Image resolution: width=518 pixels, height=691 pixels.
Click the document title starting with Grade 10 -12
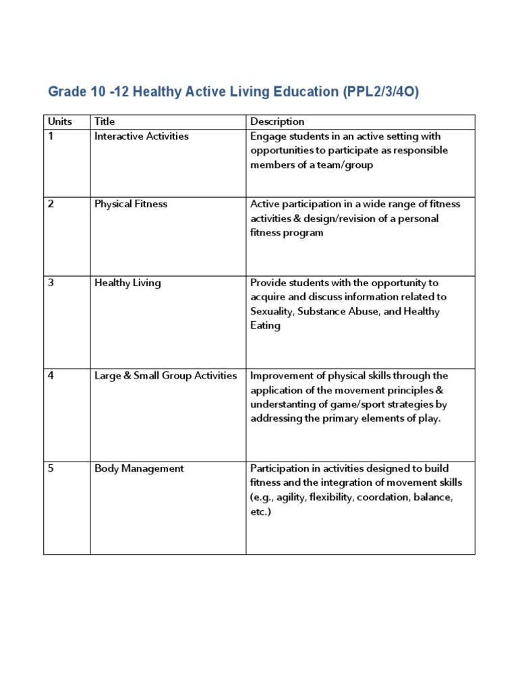point(233,92)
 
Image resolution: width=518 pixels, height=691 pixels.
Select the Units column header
point(59,121)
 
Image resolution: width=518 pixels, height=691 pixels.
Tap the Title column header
point(105,121)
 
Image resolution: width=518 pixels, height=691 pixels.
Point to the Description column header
point(277,121)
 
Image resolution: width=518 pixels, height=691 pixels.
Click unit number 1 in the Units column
point(51,136)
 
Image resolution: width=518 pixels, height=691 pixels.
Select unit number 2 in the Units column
point(51,204)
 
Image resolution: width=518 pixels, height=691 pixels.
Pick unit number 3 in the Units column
point(51,283)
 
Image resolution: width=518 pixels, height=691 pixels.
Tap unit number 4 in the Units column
point(51,375)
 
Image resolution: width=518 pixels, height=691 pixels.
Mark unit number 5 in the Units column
point(51,468)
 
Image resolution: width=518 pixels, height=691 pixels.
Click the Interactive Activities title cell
point(142,136)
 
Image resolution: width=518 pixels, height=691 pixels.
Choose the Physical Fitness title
point(131,204)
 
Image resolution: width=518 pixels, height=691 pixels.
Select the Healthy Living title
point(127,283)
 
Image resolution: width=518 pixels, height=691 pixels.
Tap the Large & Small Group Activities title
point(166,375)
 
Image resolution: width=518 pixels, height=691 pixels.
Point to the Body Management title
point(139,468)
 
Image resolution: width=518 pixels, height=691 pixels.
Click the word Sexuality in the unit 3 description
point(272,312)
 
